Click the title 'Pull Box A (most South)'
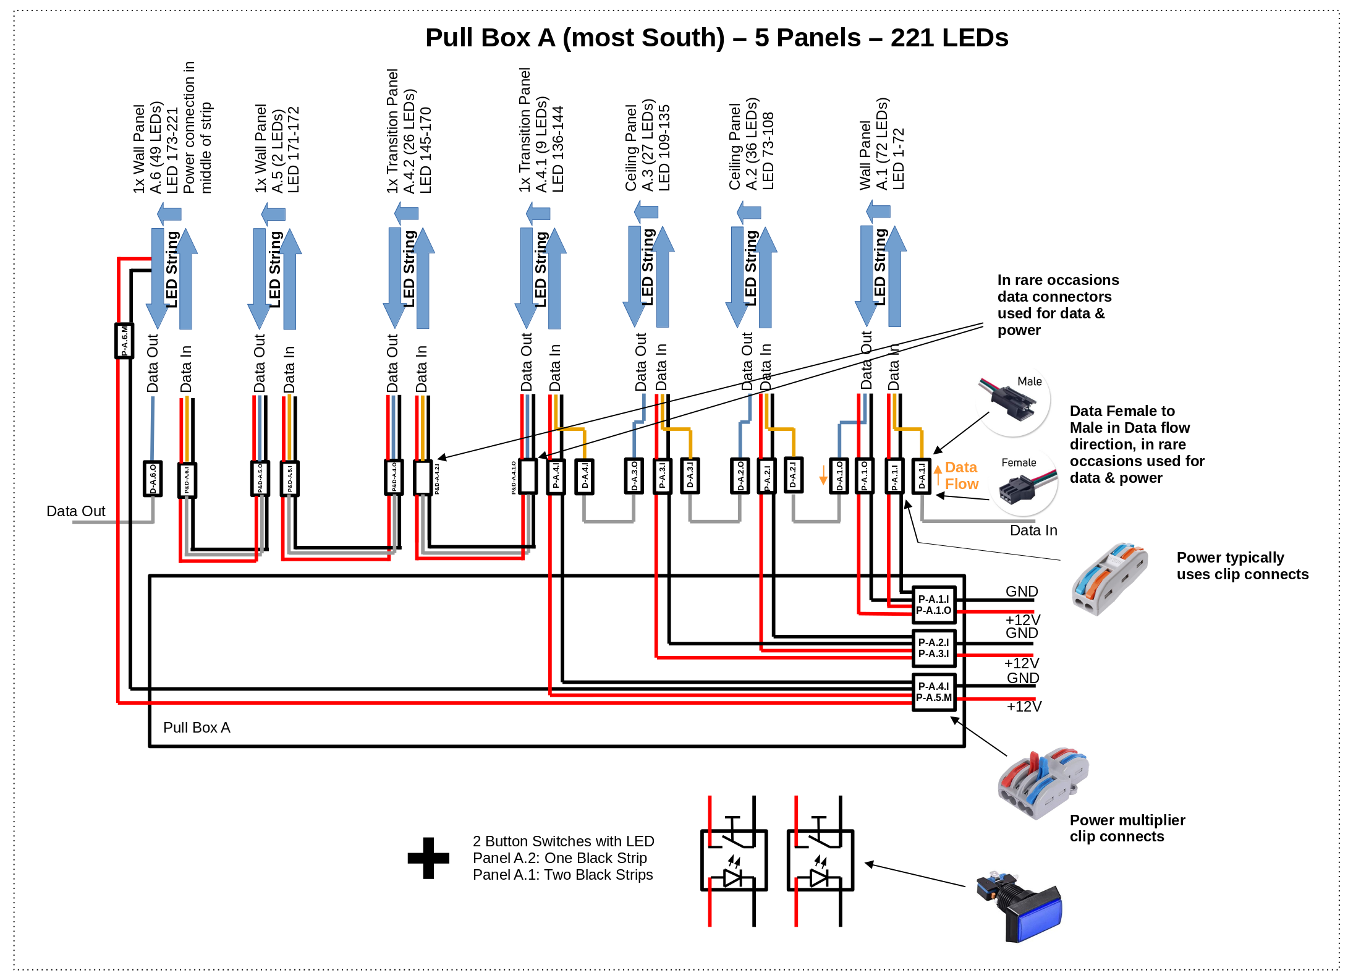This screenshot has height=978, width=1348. (x=575, y=38)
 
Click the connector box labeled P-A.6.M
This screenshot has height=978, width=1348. (x=124, y=341)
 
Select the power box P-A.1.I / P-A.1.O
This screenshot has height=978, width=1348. (x=933, y=605)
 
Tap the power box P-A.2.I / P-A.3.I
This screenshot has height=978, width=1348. (x=933, y=648)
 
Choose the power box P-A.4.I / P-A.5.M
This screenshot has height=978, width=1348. (x=933, y=692)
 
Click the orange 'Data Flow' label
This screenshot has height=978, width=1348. (x=961, y=475)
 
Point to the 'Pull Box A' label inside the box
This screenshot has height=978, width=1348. (x=197, y=728)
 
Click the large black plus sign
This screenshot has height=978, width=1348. (x=428, y=858)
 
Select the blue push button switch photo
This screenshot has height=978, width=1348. (x=1020, y=906)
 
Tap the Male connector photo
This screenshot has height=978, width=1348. (x=1014, y=399)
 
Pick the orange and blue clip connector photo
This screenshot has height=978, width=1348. (x=1109, y=578)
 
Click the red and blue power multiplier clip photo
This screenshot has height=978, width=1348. (x=1043, y=782)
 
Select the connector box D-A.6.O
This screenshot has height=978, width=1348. (x=153, y=478)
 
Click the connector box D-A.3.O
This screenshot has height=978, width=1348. (x=634, y=476)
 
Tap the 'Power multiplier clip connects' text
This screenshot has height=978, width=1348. (x=1127, y=828)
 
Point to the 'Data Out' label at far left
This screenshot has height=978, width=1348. (x=75, y=511)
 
